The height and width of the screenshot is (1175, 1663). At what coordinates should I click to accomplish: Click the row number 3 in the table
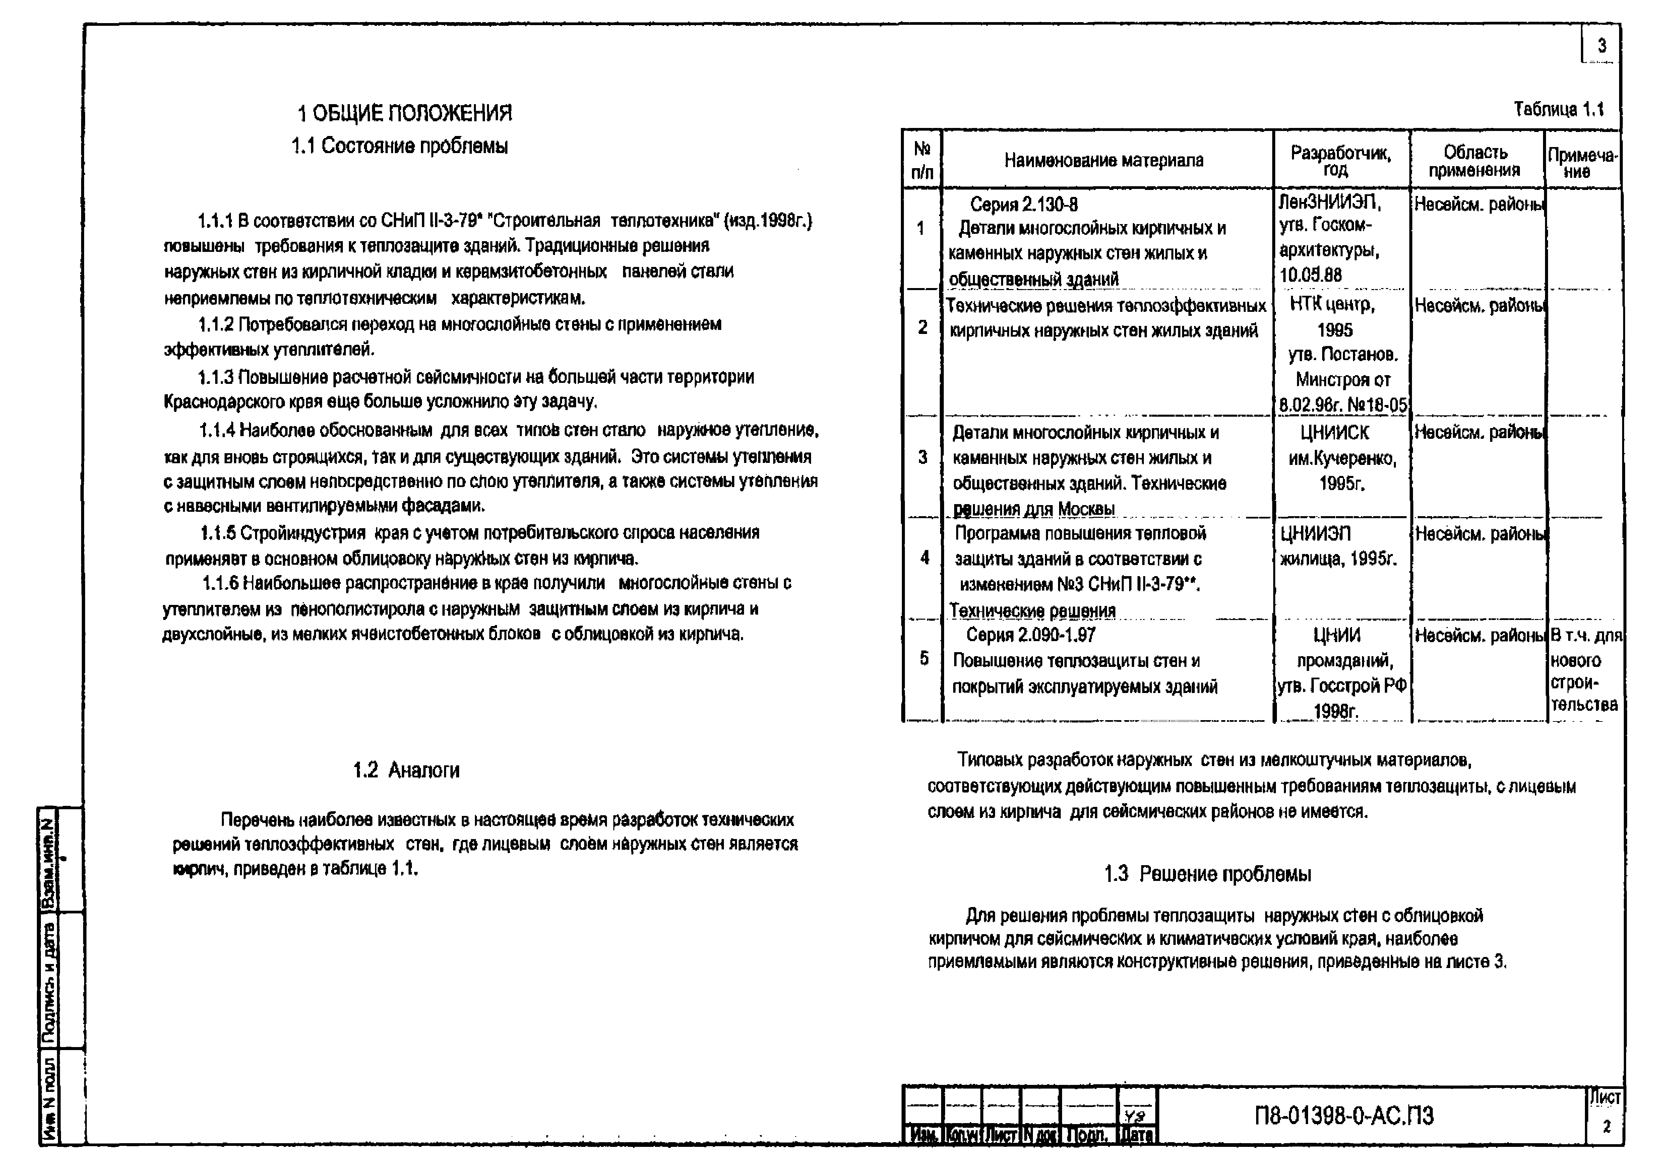(922, 458)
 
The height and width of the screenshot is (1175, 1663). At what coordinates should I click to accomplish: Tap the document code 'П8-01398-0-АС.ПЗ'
(1344, 1116)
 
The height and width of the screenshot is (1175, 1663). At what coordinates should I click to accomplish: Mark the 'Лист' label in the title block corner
(1604, 1098)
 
